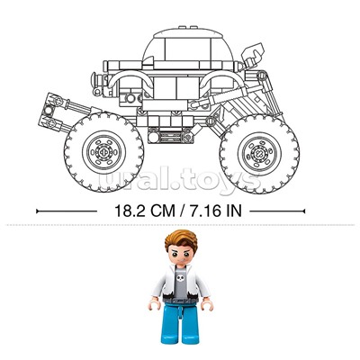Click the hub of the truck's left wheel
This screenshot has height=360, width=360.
103,152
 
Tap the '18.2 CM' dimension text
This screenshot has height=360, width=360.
145,211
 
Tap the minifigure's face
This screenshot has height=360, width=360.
181,255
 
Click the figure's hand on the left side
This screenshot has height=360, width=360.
154,305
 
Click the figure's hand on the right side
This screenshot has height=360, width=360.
207,305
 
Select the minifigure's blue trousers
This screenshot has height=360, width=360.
180,323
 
